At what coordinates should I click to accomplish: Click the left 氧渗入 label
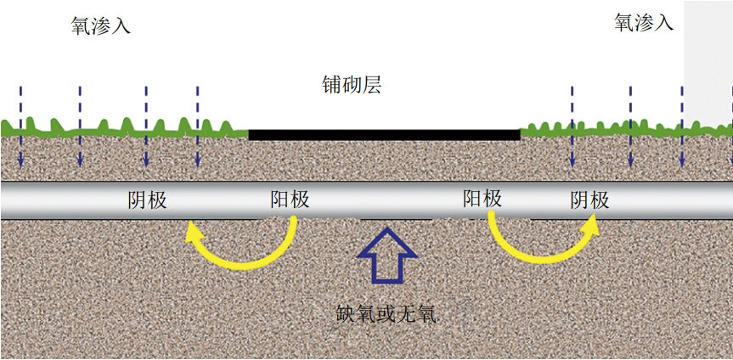[101, 25]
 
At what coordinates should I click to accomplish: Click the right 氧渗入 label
[643, 22]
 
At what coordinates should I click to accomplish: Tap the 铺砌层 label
[352, 85]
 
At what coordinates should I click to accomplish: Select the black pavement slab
[384, 134]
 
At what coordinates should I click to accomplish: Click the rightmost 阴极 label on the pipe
[589, 200]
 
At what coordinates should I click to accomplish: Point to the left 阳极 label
[290, 200]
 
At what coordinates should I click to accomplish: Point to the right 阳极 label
[482, 199]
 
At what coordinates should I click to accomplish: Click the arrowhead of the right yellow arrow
[590, 224]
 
